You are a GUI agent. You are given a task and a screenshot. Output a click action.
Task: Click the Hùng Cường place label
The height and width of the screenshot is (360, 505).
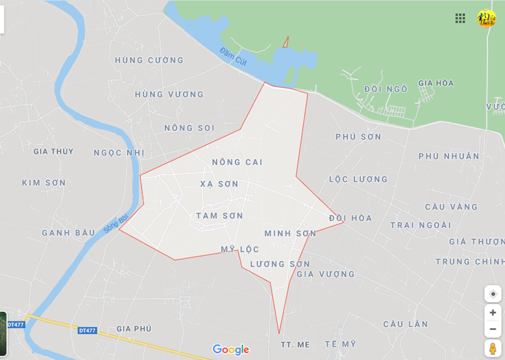pyautogui.click(x=149, y=61)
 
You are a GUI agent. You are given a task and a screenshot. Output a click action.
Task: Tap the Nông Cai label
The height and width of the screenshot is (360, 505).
pyautogui.click(x=237, y=162)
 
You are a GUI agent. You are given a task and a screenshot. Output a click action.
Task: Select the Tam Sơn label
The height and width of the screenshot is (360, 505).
pyautogui.click(x=219, y=216)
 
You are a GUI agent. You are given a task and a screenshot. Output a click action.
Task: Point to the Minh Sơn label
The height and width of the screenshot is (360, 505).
pyautogui.click(x=290, y=233)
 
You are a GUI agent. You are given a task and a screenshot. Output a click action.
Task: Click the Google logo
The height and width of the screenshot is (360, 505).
pyautogui.click(x=231, y=349)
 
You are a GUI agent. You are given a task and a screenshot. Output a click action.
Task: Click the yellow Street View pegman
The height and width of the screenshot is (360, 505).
pyautogui.click(x=493, y=348)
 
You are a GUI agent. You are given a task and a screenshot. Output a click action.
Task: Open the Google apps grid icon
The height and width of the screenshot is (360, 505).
pyautogui.click(x=460, y=18)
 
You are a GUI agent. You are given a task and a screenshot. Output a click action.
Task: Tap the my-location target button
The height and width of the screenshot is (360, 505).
pyautogui.click(x=493, y=294)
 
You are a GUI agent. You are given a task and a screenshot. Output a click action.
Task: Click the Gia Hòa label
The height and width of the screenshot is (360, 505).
pyautogui.click(x=436, y=83)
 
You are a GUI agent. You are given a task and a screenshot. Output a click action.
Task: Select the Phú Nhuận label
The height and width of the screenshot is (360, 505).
pyautogui.click(x=449, y=157)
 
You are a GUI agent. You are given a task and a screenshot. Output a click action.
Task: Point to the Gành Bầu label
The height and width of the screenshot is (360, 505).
pyautogui.click(x=69, y=233)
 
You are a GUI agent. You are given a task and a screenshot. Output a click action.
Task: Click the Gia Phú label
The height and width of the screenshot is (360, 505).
pyautogui.click(x=134, y=329)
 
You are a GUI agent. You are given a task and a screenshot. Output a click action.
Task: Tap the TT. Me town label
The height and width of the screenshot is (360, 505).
pyautogui.click(x=295, y=344)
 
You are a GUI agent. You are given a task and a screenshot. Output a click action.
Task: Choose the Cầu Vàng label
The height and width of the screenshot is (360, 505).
pyautogui.click(x=451, y=207)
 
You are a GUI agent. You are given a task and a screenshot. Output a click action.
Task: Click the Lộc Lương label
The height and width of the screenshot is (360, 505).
pyautogui.click(x=358, y=180)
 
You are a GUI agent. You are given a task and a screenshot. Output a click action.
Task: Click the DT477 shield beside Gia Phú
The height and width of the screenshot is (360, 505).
pyautogui.click(x=87, y=330)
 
